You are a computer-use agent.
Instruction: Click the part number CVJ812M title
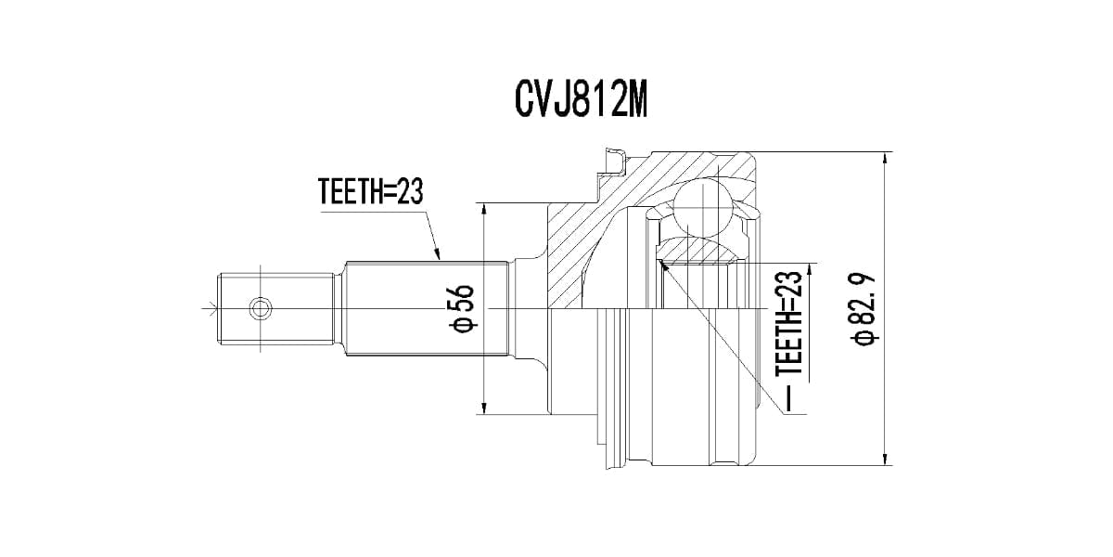pos(579,99)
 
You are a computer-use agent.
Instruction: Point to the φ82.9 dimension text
pos(864,309)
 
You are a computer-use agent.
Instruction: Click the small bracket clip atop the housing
pos(612,162)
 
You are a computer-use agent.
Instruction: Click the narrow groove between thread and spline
pos(340,306)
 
